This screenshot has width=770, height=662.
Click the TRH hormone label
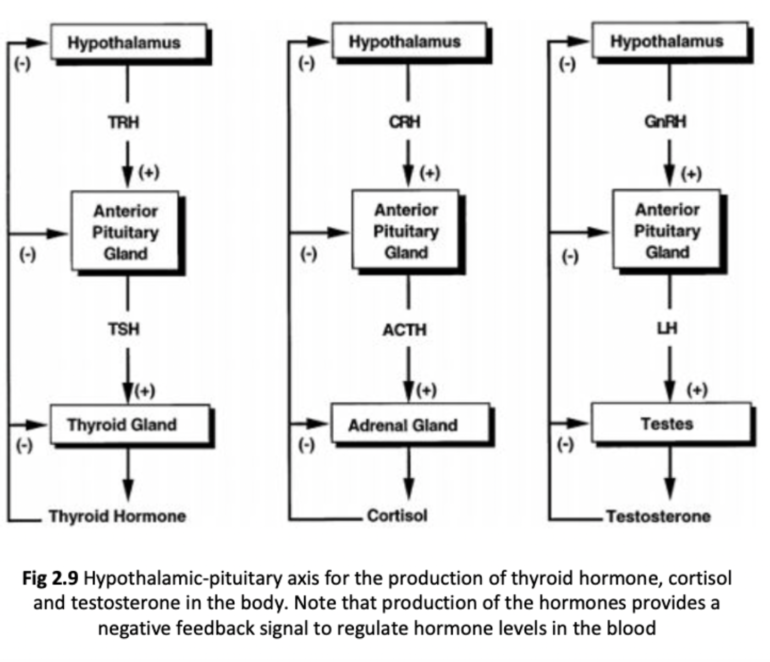124,122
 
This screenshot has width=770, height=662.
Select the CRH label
405,122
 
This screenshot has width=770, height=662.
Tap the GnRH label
665,122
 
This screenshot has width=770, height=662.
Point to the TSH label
124,329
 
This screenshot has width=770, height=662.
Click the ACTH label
405,330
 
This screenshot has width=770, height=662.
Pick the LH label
667,329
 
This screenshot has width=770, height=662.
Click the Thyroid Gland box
129,424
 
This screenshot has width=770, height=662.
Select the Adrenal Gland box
409,424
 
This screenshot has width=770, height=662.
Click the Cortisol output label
397,516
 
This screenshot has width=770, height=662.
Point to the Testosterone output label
658,516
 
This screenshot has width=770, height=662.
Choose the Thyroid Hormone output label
117,516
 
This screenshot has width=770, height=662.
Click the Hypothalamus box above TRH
129,42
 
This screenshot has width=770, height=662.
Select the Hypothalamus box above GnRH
669,41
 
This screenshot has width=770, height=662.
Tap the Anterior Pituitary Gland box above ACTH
406,231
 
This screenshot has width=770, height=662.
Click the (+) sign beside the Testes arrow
696,390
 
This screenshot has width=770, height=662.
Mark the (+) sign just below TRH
148,172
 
